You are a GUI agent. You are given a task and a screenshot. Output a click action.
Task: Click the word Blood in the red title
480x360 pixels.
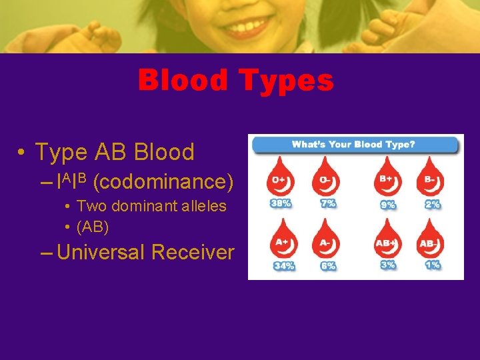182,81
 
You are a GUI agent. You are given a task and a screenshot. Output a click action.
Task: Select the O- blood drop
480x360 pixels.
326,179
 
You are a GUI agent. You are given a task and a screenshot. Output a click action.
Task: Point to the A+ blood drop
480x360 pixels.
281,241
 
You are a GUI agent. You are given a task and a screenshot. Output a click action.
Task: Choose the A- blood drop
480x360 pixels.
326,241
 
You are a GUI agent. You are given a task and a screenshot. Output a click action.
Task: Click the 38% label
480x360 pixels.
281,203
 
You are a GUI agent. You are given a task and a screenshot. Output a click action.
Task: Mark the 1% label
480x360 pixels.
432,265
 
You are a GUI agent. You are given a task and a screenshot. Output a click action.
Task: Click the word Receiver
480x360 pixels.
193,252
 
